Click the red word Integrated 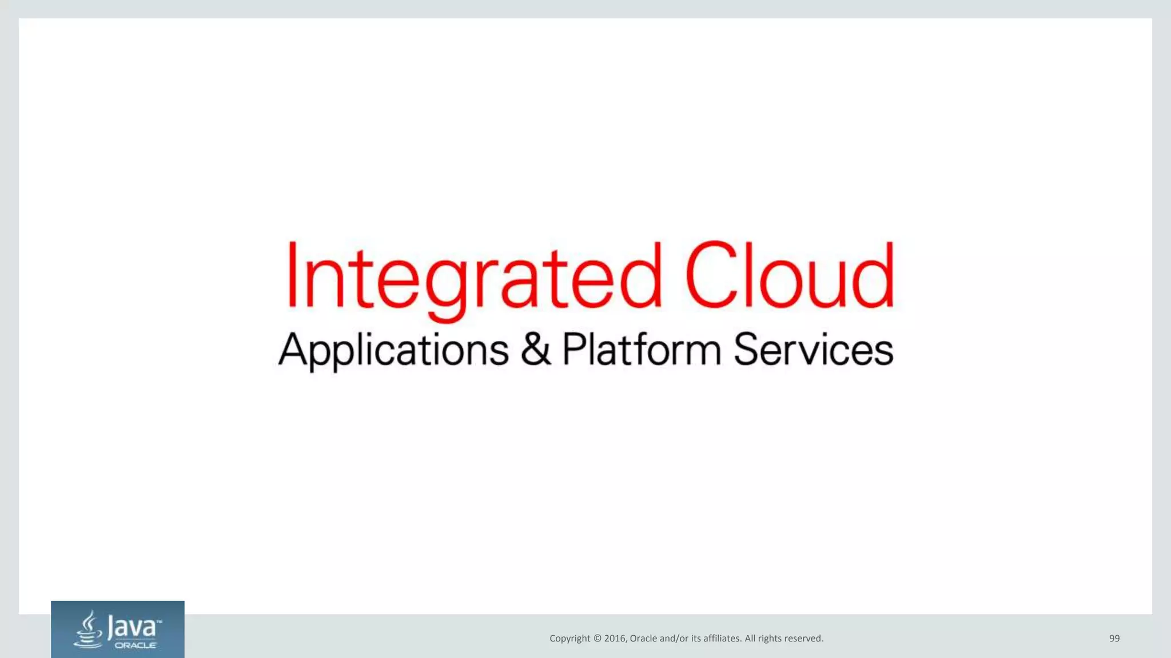[x=473, y=276]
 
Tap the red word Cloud [x=789, y=275]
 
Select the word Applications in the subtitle [x=393, y=350]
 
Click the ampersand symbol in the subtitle [x=536, y=348]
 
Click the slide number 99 [x=1114, y=639]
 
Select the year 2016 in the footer [x=615, y=639]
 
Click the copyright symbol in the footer [x=597, y=639]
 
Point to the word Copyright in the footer [x=569, y=639]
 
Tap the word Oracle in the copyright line [x=643, y=639]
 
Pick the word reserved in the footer [x=803, y=639]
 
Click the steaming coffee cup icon [x=88, y=629]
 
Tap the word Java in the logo [x=132, y=627]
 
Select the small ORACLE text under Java [x=136, y=645]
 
